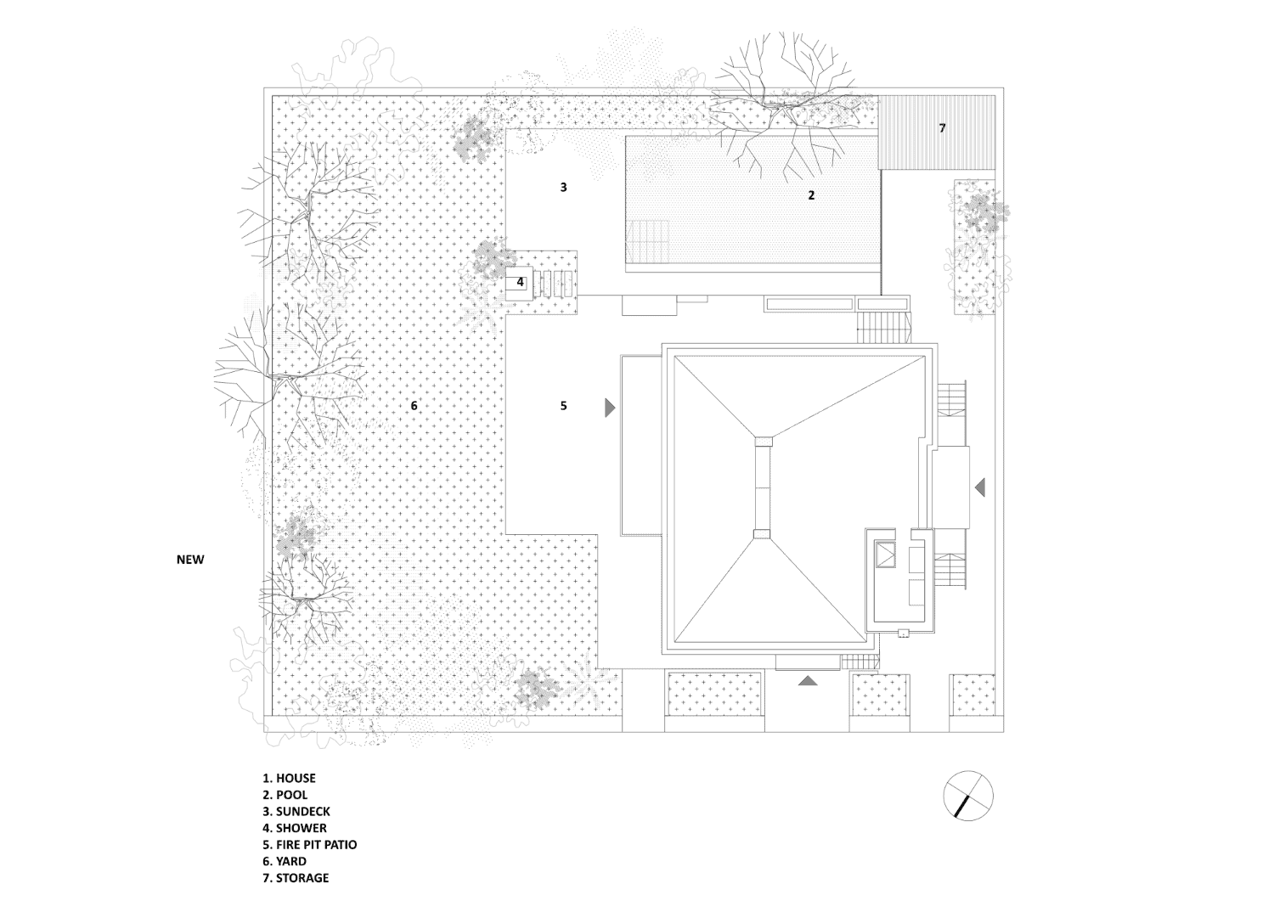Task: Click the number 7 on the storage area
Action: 943,128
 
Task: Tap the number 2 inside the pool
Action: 812,195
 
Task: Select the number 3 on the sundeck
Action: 564,187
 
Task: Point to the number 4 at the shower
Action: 520,282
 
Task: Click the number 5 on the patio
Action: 564,406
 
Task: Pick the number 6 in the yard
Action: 414,406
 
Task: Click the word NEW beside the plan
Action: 190,560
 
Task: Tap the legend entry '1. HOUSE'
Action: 289,778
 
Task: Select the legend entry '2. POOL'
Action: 285,795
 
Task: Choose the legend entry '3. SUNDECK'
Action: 296,811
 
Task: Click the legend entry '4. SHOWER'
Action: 295,828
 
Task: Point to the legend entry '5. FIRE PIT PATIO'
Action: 310,845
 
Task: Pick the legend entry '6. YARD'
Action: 285,861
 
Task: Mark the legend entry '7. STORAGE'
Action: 296,878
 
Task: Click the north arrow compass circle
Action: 968,795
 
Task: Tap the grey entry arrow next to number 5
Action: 609,408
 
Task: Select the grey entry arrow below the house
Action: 808,680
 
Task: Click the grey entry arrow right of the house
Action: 980,487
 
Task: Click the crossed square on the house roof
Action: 886,555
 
